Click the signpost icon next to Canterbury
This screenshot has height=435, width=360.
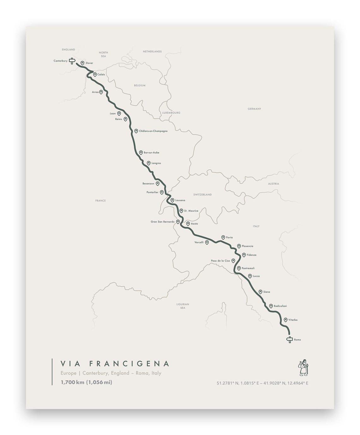pyautogui.click(x=72, y=61)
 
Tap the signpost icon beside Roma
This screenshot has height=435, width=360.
pyautogui.click(x=289, y=340)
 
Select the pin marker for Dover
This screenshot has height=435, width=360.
pyautogui.click(x=82, y=63)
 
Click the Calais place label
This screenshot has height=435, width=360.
pyautogui.click(x=101, y=75)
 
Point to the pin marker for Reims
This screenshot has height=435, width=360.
pyautogui.click(x=125, y=119)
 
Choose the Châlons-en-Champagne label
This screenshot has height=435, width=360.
pyautogui.click(x=153, y=131)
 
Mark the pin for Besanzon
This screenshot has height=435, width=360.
pyautogui.click(x=158, y=183)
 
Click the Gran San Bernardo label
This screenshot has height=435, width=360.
pyautogui.click(x=163, y=222)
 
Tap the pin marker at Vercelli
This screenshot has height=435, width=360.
pyautogui.click(x=207, y=242)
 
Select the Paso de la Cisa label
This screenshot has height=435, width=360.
pyautogui.click(x=220, y=261)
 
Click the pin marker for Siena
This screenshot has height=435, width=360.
pyautogui.click(x=261, y=292)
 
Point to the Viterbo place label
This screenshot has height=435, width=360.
pyautogui.click(x=293, y=320)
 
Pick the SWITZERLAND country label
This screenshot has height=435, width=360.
pyautogui.click(x=202, y=195)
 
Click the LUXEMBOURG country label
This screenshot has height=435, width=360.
pyautogui.click(x=171, y=113)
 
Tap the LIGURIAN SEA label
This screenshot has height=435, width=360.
pyautogui.click(x=183, y=306)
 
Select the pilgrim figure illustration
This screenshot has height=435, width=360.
pyautogui.click(x=303, y=367)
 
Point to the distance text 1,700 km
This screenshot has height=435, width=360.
pyautogui.click(x=73, y=382)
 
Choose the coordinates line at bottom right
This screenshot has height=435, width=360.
pyautogui.click(x=262, y=383)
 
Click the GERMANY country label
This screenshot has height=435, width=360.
pyautogui.click(x=254, y=109)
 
